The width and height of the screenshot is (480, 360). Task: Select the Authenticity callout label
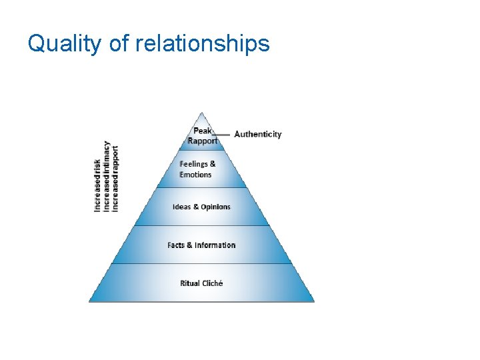tap(258, 134)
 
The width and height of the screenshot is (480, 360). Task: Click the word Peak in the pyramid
tap(202, 131)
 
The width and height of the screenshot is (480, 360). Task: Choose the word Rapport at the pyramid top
tap(202, 141)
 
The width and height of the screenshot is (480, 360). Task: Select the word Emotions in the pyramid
tap(195, 175)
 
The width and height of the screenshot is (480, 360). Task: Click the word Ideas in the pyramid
tap(181, 207)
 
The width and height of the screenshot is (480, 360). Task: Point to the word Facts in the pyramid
tap(176, 245)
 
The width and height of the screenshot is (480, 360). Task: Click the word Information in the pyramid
tap(215, 245)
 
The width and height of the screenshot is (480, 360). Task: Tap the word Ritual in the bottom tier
tap(190, 283)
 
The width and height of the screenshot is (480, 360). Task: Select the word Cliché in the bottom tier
tap(213, 283)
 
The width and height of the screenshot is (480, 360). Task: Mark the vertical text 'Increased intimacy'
tap(107, 176)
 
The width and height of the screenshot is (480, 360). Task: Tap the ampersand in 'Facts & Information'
tap(189, 245)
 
